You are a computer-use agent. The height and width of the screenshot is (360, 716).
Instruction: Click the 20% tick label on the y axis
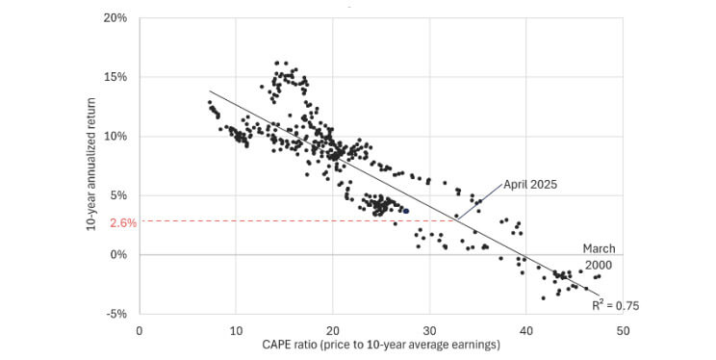tap(115, 17)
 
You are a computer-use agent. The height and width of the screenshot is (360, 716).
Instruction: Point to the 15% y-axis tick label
tap(115, 77)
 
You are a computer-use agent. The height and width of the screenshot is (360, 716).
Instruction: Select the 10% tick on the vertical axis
tap(115, 136)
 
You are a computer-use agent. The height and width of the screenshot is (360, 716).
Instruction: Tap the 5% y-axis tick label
tap(118, 195)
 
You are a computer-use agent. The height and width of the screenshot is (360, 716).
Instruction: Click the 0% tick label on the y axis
tap(118, 255)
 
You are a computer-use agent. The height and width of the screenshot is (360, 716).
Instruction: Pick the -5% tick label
tap(116, 314)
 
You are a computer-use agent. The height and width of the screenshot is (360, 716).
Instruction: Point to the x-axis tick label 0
tap(140, 330)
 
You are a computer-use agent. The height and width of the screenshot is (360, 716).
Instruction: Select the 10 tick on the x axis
tap(236, 330)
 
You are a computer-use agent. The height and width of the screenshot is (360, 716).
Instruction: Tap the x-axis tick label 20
tap(333, 330)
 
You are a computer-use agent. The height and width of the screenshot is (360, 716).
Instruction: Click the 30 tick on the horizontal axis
tap(430, 330)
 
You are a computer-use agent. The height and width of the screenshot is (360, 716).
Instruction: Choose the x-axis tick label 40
tap(526, 330)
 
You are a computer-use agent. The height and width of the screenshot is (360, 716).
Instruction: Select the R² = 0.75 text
tap(616, 305)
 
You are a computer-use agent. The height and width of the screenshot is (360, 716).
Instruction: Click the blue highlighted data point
tap(406, 211)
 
